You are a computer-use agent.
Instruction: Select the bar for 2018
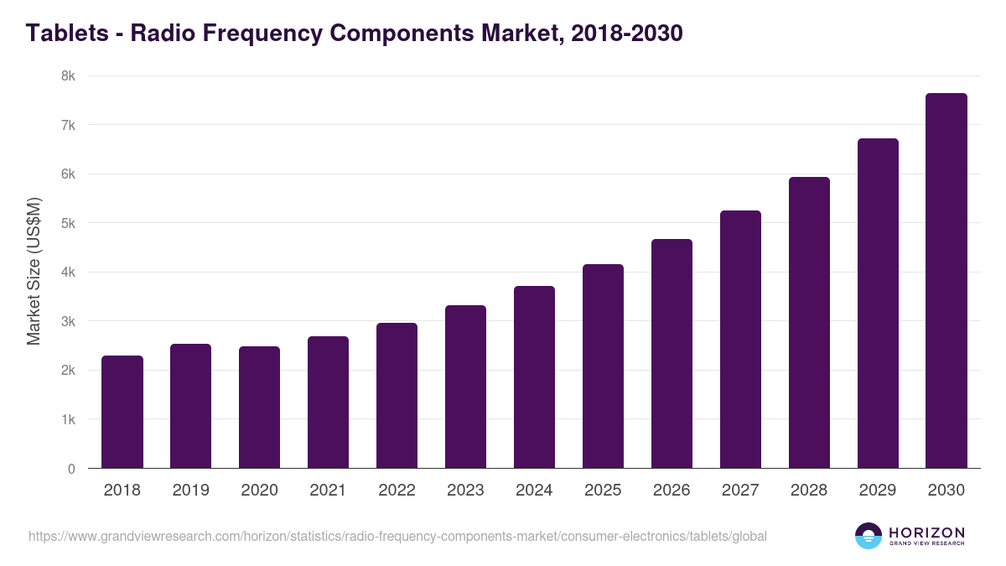(x=122, y=412)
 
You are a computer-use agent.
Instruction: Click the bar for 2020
(x=260, y=408)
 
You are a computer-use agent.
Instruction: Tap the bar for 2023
(x=465, y=387)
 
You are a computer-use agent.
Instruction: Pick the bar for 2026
(x=672, y=354)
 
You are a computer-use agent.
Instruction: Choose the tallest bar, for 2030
(x=946, y=281)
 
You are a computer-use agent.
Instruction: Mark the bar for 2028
(x=809, y=323)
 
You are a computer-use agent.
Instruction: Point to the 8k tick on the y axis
(x=67, y=76)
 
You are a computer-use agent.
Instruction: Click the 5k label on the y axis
(x=67, y=224)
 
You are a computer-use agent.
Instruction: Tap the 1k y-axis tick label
(x=67, y=420)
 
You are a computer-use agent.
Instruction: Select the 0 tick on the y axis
(x=71, y=470)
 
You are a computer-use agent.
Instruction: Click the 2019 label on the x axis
(x=191, y=491)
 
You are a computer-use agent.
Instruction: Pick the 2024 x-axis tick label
(x=534, y=491)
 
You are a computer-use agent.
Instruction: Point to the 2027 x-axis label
(x=740, y=491)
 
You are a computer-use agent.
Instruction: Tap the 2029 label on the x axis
(x=878, y=491)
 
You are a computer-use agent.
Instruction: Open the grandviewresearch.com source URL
(x=397, y=536)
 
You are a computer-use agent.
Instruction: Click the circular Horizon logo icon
(x=869, y=536)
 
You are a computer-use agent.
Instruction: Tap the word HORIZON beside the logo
(x=926, y=532)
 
